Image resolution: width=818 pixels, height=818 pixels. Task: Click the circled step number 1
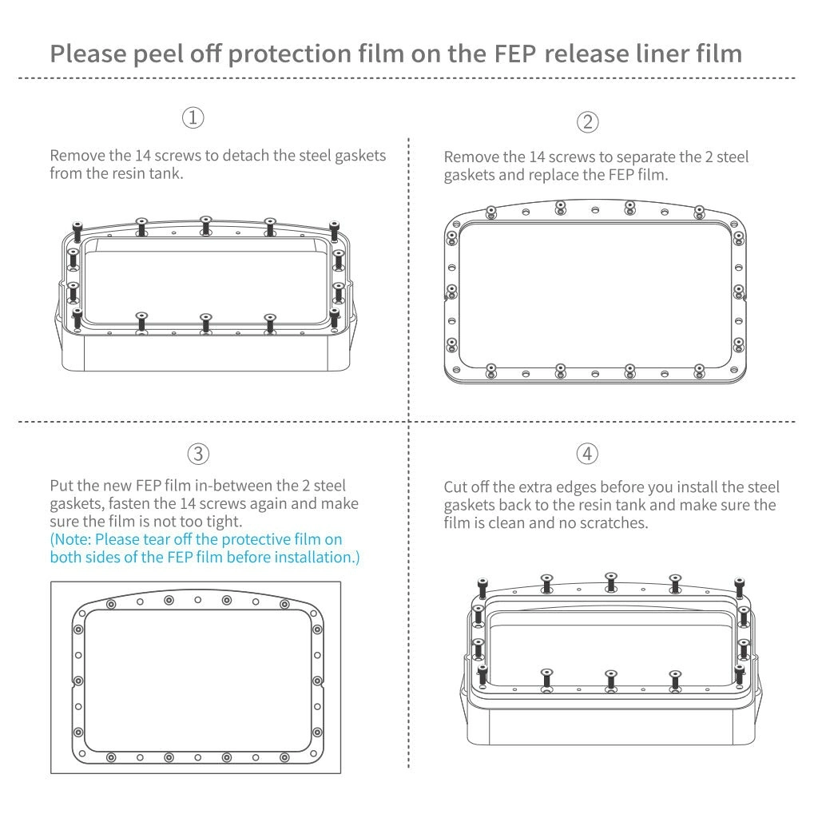[x=193, y=118]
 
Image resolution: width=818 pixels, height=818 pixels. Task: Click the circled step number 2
[x=587, y=122]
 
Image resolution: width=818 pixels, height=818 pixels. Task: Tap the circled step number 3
[x=197, y=454]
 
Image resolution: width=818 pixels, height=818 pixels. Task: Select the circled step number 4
[x=587, y=454]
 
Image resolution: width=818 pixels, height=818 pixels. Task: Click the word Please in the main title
[x=89, y=54]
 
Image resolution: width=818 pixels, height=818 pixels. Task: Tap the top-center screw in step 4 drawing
[x=611, y=581]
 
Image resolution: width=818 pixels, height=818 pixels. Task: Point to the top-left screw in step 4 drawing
[x=482, y=587]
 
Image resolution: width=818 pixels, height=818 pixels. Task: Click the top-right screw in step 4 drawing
[x=739, y=587]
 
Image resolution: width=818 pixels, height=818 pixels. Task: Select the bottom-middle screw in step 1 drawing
[x=205, y=322]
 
